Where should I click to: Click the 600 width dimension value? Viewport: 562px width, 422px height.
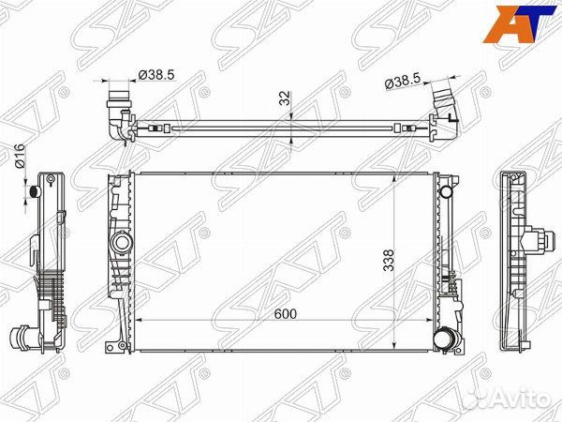click(x=286, y=314)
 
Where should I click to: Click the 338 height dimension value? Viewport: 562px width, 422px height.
click(x=389, y=260)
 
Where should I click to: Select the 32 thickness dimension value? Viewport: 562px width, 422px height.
click(x=284, y=98)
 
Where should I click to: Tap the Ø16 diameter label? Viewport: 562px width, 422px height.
click(x=19, y=156)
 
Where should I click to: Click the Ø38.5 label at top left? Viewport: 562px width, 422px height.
click(x=156, y=75)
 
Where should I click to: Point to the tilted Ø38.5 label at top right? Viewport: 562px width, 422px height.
click(x=402, y=82)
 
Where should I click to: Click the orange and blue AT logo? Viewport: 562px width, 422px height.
click(x=518, y=23)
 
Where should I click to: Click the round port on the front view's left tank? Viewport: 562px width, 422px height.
click(x=122, y=242)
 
